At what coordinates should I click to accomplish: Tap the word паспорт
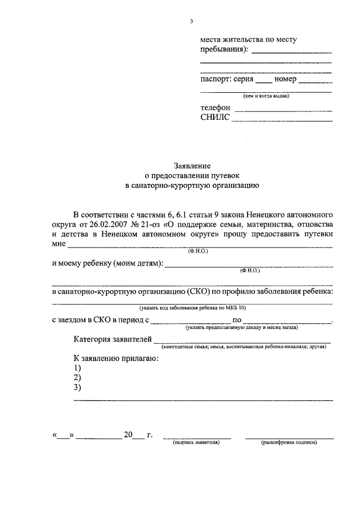[x=216, y=79]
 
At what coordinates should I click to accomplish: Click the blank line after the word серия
[x=264, y=82]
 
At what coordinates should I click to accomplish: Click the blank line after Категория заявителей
[x=242, y=341]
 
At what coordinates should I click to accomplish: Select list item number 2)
[x=78, y=377]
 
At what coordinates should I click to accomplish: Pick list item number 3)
[x=78, y=388]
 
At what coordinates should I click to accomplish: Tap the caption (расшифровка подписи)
[x=289, y=443]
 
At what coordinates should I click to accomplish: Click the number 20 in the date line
[x=128, y=435]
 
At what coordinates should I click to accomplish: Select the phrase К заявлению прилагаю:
[x=113, y=358]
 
